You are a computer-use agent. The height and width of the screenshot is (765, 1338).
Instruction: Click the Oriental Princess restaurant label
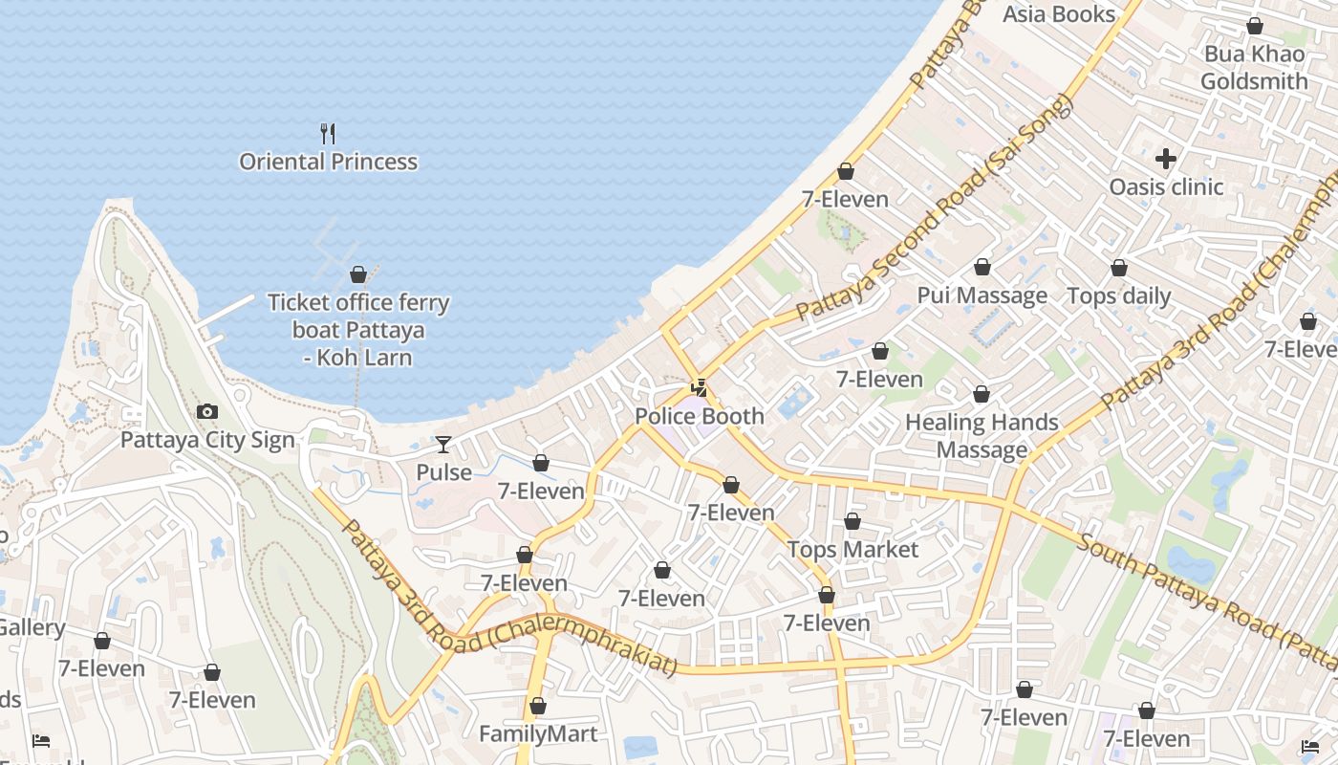tap(328, 162)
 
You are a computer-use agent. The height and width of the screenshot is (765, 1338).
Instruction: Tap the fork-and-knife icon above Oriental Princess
tap(328, 133)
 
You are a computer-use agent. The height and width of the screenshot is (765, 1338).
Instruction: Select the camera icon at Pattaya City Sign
tap(206, 412)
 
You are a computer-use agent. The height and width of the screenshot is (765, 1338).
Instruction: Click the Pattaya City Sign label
tap(207, 440)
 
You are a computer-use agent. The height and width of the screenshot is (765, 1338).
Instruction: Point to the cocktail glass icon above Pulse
tap(443, 445)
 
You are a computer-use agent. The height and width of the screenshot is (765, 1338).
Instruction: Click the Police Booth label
tap(700, 416)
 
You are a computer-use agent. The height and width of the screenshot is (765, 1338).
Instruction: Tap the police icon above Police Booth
tap(700, 387)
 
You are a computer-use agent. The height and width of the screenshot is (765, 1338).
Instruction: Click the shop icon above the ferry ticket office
tap(358, 275)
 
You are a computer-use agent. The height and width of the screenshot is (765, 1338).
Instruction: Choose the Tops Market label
tap(852, 550)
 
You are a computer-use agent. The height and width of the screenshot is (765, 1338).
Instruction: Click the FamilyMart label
tap(538, 734)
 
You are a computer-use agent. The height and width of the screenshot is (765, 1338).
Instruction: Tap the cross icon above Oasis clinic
tap(1166, 158)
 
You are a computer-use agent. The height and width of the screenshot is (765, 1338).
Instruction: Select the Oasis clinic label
tap(1166, 186)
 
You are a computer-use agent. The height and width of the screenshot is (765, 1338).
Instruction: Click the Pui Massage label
tap(982, 295)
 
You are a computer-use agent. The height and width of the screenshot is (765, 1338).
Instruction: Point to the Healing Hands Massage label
tap(982, 435)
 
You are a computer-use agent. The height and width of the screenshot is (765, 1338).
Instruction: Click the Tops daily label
tap(1119, 296)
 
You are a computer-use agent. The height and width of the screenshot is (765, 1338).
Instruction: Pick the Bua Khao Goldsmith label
tap(1254, 67)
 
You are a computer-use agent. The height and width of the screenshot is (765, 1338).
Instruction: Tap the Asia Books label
tap(1059, 14)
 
